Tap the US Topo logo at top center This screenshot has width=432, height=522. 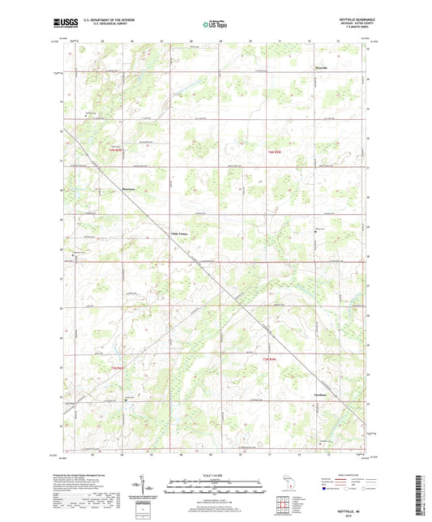click(215, 24)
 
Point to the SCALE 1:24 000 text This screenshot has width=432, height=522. click(215, 474)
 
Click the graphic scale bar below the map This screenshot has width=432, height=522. click(215, 483)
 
